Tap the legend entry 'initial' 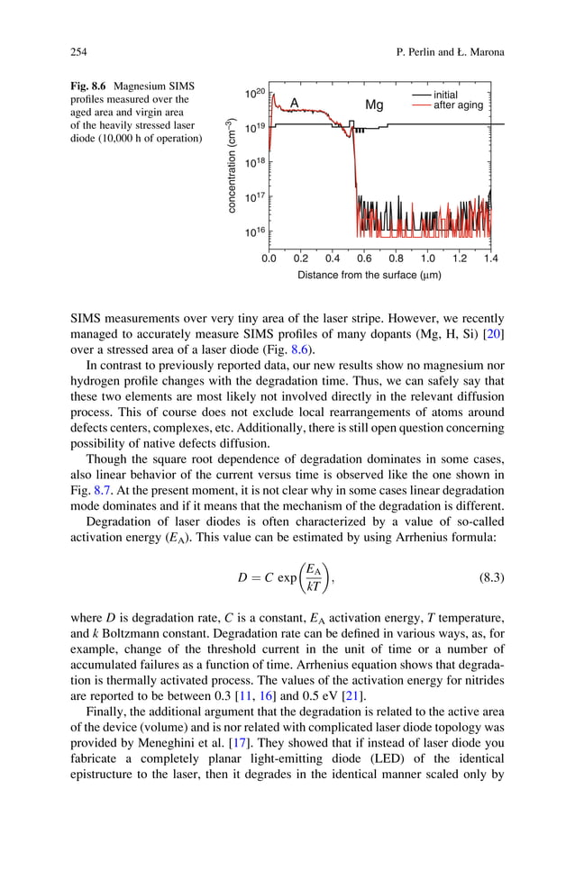(x=445, y=95)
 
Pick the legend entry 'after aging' (x=458, y=105)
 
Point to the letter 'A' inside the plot (x=294, y=104)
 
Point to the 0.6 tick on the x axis (x=364, y=259)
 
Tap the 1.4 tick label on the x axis (x=490, y=259)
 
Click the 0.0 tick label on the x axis (x=269, y=259)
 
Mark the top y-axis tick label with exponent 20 (x=254, y=93)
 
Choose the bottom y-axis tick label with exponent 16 (x=254, y=232)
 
